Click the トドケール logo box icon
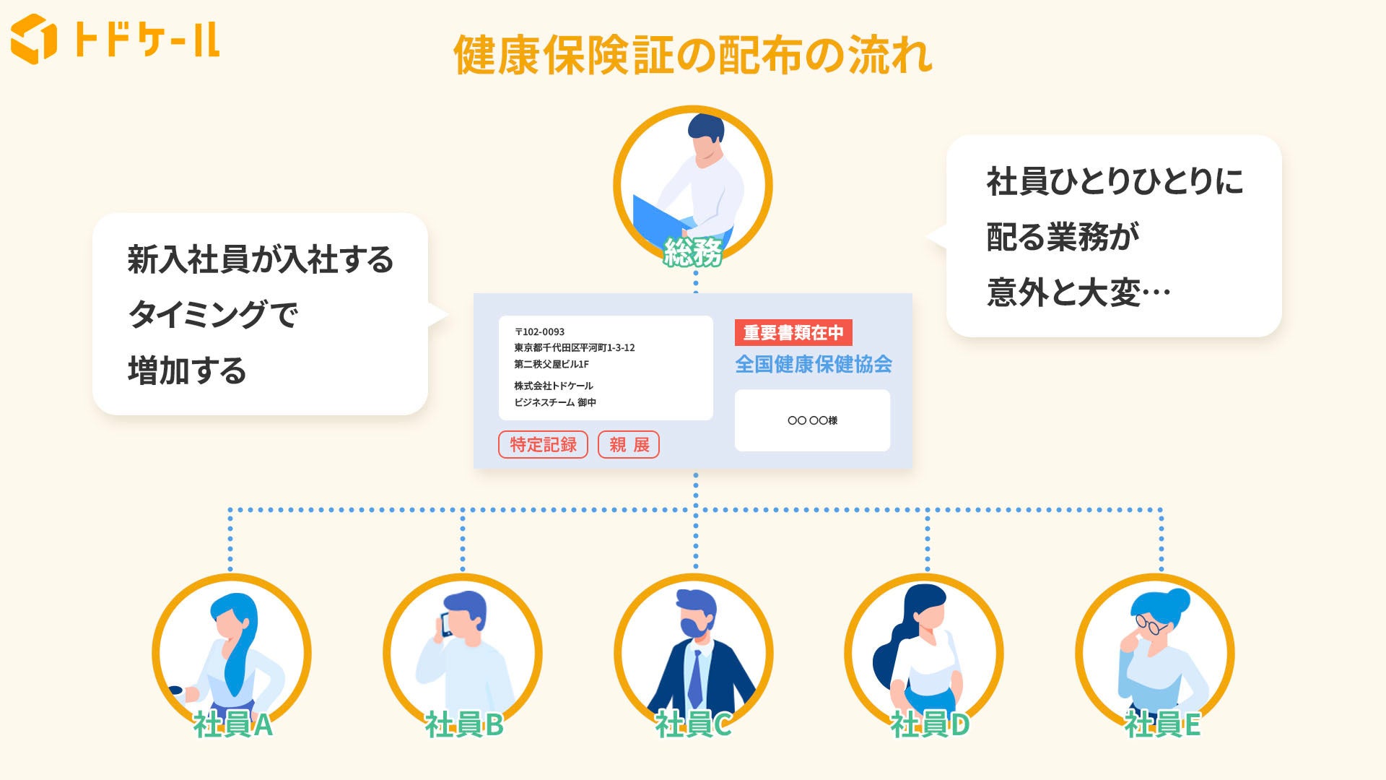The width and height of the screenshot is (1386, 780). (x=33, y=39)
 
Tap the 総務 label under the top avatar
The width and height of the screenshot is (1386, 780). (x=693, y=253)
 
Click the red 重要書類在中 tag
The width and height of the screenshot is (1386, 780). (x=793, y=333)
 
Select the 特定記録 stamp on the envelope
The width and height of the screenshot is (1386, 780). (x=543, y=445)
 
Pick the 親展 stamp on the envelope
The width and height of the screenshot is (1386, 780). (x=629, y=445)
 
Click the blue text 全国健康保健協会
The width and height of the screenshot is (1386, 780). (x=814, y=364)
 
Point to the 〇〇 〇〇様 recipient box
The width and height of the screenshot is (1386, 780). (x=812, y=420)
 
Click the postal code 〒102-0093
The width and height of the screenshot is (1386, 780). (x=539, y=332)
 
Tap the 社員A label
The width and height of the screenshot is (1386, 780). (x=232, y=724)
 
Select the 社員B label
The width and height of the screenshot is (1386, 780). (x=463, y=724)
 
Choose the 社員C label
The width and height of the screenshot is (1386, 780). (x=694, y=724)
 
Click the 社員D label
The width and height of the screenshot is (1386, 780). (x=929, y=724)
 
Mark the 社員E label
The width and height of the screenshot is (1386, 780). (x=1161, y=724)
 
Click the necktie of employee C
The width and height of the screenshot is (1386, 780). (x=695, y=679)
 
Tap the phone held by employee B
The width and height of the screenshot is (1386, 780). (x=445, y=625)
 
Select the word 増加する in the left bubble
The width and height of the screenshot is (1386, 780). (x=187, y=371)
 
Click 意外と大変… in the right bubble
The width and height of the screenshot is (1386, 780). (x=1078, y=293)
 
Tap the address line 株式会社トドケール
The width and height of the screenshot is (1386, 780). (x=554, y=386)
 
